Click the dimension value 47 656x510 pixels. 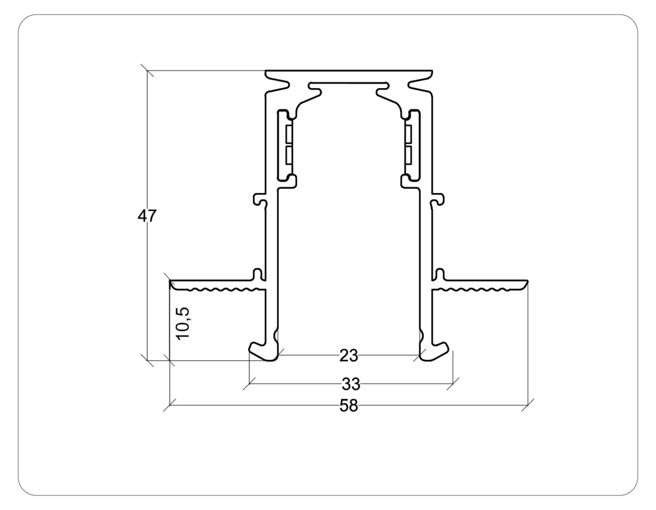pos(147,216)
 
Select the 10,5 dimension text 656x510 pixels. pos(183,323)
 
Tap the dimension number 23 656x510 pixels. pos(348,356)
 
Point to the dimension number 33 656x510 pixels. pos(351,385)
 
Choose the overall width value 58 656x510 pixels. pos(348,406)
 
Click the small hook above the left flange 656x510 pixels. pos(257,273)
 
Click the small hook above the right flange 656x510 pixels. pos(440,273)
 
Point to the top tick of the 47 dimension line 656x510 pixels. pos(147,71)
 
